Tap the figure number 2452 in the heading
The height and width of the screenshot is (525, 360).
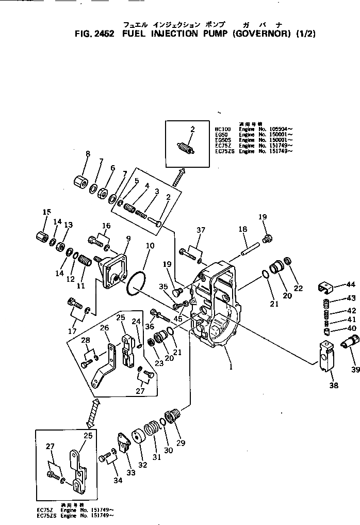coord(105,35)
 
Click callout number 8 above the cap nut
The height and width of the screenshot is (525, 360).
coord(88,154)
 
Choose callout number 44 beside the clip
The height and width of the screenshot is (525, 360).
coord(351,284)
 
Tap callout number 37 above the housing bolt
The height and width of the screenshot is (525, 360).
coord(200,230)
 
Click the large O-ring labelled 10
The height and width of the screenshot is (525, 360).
coord(136,283)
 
